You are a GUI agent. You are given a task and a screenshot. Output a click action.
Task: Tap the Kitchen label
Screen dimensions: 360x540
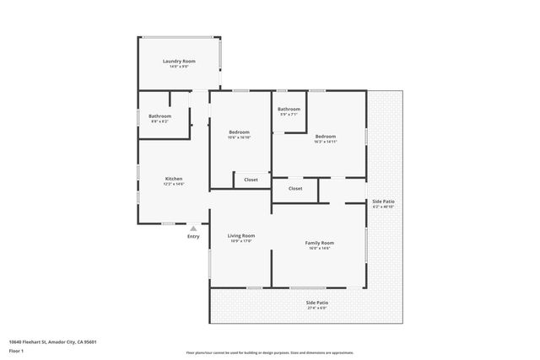pos(174,179)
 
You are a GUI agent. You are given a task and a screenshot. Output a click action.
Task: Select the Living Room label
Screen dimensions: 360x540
pos(242,235)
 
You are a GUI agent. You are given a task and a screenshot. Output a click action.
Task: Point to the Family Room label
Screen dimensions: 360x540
pos(319,243)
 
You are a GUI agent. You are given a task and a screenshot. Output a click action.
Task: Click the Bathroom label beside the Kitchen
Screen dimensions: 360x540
pos(159,116)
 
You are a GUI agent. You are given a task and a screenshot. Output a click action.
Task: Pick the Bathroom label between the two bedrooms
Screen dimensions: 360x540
pos(289,109)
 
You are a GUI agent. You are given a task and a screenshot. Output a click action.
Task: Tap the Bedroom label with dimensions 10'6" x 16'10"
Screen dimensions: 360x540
pos(240,132)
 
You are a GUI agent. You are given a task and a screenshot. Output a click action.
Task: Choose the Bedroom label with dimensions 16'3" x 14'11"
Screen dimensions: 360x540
pos(326,137)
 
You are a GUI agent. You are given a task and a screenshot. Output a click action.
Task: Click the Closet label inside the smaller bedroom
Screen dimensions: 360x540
pos(251,180)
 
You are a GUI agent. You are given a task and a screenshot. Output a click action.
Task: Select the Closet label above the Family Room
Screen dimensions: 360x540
pos(294,189)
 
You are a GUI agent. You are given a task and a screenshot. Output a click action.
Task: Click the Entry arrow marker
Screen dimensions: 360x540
pos(193,228)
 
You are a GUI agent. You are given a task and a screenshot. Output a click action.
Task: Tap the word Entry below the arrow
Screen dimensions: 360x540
pos(193,236)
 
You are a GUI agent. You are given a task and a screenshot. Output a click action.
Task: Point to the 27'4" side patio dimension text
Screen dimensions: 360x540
pos(317,308)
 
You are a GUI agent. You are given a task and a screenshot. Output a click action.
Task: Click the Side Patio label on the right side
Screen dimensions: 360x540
pos(383,201)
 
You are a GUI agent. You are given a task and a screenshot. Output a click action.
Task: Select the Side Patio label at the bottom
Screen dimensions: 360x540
pos(317,302)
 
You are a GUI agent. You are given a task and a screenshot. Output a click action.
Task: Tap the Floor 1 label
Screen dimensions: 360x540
pos(17,350)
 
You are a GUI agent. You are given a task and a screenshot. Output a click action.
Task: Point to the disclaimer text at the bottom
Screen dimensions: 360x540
pos(270,352)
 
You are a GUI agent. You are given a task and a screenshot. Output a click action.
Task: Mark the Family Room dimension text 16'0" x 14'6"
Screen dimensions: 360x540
pos(319,248)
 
